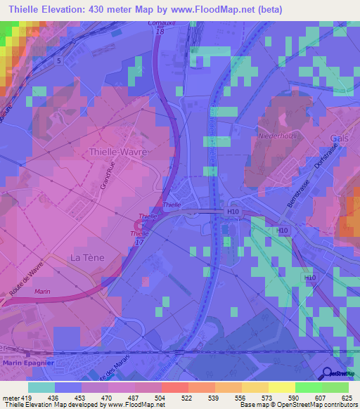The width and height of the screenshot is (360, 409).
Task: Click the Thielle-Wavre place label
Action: coord(117,152)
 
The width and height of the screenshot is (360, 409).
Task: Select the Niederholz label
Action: coord(278,135)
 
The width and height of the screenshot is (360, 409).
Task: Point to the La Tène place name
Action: coord(87,257)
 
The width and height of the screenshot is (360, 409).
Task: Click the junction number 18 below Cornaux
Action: coord(160,32)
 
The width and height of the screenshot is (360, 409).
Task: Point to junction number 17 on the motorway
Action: coord(139,241)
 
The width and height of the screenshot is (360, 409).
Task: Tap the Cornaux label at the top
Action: coord(161,24)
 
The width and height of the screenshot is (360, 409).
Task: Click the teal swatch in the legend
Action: coord(41,387)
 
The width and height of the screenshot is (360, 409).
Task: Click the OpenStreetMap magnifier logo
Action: coord(326,373)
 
